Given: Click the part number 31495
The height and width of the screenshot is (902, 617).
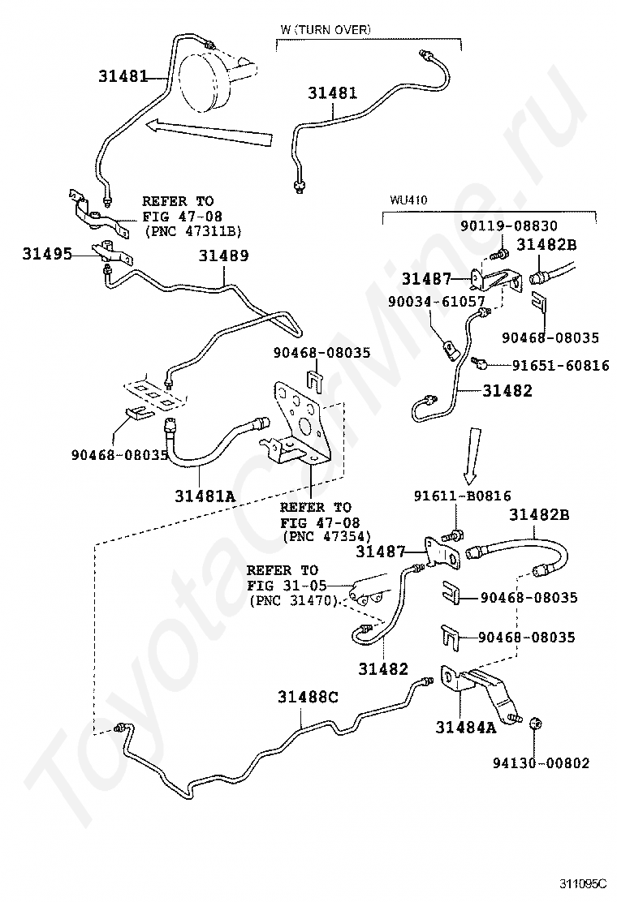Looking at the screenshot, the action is tap(47, 253).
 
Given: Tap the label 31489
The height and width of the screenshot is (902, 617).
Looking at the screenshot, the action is tap(224, 256).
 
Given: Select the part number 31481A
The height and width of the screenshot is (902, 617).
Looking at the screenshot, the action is tap(205, 496).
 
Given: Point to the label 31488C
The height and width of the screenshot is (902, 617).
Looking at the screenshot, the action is tap(308, 697).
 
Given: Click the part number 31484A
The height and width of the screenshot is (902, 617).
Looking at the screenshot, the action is tap(466, 727).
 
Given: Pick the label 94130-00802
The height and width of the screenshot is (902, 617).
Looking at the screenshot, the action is tap(541, 762).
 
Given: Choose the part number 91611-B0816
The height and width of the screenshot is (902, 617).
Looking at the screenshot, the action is tap(462, 496).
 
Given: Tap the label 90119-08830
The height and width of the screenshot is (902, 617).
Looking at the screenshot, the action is tap(509, 226).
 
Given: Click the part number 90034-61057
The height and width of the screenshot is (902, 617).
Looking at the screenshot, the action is tap(436, 301).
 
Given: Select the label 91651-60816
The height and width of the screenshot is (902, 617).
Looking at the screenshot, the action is tap(561, 365).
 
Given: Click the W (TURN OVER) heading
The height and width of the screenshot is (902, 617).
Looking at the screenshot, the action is tap(326, 29).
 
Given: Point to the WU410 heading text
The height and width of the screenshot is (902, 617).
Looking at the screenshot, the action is tap(408, 200).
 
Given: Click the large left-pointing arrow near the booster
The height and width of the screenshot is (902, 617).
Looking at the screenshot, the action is tap(208, 131).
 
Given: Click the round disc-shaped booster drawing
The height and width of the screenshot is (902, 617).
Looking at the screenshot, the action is tap(205, 80).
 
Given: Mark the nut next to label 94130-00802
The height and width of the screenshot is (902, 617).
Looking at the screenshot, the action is tap(533, 724).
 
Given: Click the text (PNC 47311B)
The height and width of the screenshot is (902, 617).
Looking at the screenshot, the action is tap(192, 231).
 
